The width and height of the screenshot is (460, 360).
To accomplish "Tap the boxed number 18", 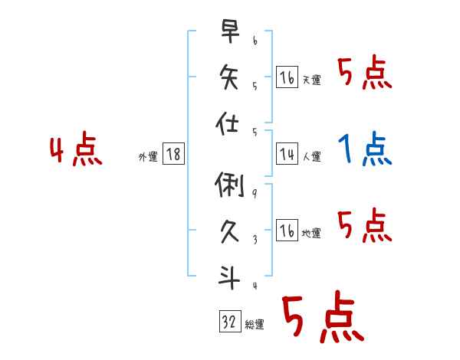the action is pos(174,154).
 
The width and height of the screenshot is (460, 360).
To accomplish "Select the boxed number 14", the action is pos(287,154).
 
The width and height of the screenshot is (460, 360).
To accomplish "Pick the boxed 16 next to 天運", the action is pos(287,77).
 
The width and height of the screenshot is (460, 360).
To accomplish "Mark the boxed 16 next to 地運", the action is pos(287,231).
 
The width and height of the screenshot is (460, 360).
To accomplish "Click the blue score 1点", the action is pos(366,149).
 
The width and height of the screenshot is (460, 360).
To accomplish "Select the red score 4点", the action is pos(76,150).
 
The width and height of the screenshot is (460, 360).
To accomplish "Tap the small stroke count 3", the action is pos(254,239).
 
